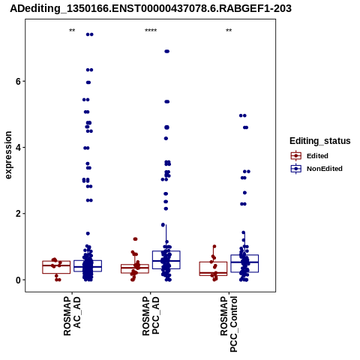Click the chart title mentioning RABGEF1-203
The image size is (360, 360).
coord(151,8)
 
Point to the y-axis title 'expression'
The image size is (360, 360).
coord(8,155)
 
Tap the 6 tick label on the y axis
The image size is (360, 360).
coord(18,82)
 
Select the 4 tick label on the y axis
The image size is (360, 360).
coord(18,148)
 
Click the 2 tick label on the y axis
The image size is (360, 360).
coord(18,214)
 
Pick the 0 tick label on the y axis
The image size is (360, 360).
coord(18,280)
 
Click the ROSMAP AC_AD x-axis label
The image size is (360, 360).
coord(72,316)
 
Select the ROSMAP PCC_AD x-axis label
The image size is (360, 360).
coord(151,316)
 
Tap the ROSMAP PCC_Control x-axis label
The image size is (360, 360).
coord(229,324)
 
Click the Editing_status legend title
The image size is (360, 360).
coord(320,141)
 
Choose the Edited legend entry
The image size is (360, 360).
coord(310,156)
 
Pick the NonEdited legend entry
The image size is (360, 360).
coord(316,169)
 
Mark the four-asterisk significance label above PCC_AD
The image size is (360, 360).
coord(151,31)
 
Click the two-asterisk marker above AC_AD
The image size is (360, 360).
coord(72,31)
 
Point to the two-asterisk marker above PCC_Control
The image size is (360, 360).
coord(229,31)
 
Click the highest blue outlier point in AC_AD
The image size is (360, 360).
coord(90,34)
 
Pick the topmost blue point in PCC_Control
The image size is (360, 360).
coord(243,115)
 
